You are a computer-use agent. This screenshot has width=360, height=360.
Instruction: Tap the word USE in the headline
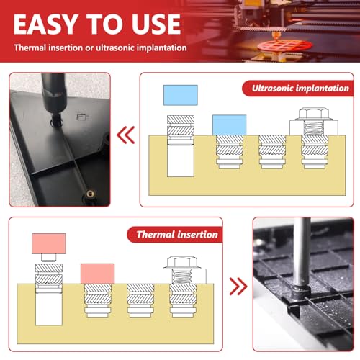(x=156, y=24)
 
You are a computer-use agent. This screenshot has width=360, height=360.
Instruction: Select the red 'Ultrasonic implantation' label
(x=297, y=89)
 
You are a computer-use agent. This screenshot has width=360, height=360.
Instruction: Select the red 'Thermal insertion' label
(x=175, y=235)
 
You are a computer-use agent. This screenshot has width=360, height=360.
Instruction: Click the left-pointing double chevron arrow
(x=126, y=135)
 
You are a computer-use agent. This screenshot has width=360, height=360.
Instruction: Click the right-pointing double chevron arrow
(x=238, y=286)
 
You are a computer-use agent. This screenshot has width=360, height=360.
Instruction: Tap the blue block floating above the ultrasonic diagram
(x=181, y=95)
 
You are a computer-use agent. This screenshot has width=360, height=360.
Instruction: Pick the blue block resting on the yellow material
(x=229, y=125)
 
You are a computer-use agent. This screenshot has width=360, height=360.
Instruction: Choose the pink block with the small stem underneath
(x=49, y=243)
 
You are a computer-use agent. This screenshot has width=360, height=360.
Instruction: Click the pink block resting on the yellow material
(x=97, y=274)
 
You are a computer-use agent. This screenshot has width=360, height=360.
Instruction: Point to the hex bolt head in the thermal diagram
(x=182, y=262)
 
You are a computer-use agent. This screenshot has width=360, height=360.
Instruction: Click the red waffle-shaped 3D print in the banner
(x=285, y=45)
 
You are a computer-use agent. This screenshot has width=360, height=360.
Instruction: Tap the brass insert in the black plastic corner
(x=90, y=194)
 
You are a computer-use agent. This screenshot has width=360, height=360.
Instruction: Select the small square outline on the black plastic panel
(x=81, y=117)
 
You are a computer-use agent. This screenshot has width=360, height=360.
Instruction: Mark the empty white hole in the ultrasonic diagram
(x=181, y=161)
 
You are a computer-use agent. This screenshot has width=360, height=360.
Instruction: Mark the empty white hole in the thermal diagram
(x=49, y=310)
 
